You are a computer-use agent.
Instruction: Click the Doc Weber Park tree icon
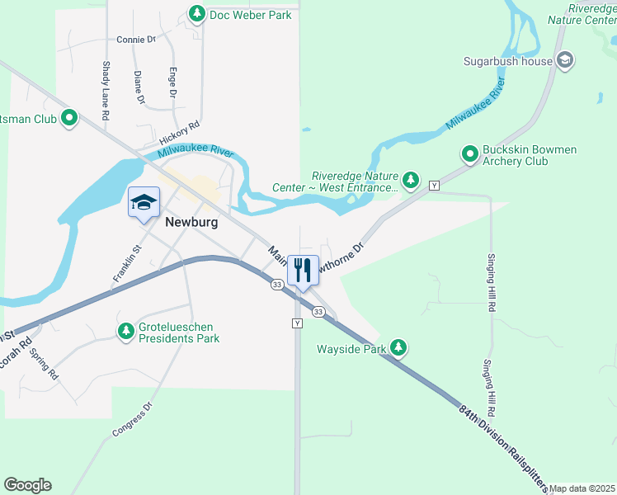[197, 14]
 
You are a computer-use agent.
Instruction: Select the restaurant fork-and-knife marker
[302, 271]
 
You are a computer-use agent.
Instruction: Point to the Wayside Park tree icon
[399, 347]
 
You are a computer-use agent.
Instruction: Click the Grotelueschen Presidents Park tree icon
[126, 332]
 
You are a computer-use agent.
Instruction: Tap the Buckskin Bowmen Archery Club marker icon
[469, 154]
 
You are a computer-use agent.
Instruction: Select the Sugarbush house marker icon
[565, 60]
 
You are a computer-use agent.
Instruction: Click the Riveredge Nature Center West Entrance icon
[411, 180]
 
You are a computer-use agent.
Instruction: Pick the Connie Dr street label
[136, 39]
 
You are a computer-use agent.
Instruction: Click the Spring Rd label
[44, 364]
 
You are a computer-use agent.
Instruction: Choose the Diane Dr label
[139, 88]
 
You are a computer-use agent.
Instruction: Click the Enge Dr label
[173, 83]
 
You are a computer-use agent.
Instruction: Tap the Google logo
[27, 485]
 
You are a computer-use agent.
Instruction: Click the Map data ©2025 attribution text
[582, 488]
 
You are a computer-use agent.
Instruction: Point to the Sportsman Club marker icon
[69, 119]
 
